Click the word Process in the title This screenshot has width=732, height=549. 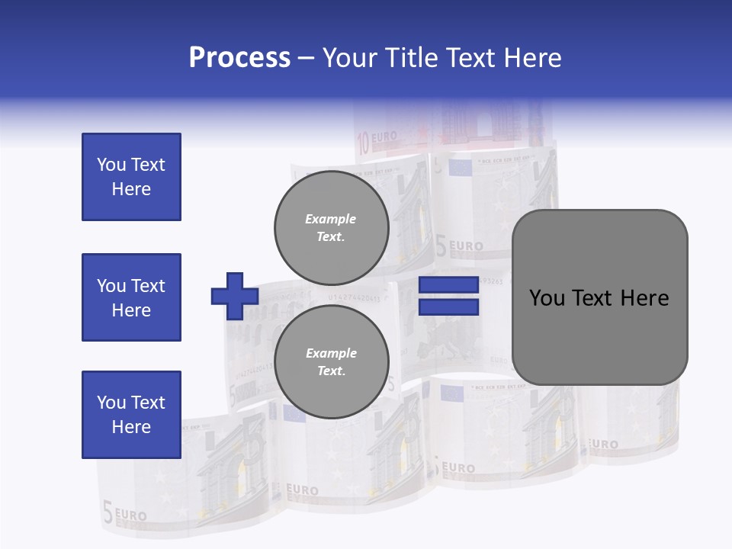coord(239,58)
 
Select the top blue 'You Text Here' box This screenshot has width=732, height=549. coord(131,177)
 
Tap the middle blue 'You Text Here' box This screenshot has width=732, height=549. coord(131,297)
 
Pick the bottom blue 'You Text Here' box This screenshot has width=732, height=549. coord(131,415)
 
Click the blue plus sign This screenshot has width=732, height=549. coord(235,296)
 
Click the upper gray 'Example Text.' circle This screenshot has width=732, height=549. coord(331,227)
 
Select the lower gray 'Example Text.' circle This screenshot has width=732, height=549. coord(331,361)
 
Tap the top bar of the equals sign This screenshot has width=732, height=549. coord(449,285)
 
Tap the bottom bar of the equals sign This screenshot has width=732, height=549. coord(449,307)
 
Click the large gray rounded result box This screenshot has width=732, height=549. coord(599,297)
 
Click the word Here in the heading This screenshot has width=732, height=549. coord(531,58)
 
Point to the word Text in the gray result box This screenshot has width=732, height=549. coord(591,298)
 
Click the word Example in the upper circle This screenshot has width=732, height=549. coord(331,219)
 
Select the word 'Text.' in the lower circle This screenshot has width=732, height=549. coord(331,371)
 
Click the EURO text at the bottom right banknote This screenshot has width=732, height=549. coord(603,444)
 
